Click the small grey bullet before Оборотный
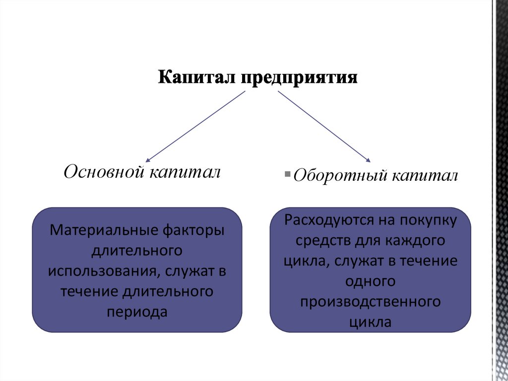pyautogui.click(x=288, y=174)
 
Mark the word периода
pyautogui.click(x=137, y=311)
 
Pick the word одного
pyautogui.click(x=371, y=281)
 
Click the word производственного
pyautogui.click(x=371, y=302)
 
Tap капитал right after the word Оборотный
pyautogui.click(x=425, y=176)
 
